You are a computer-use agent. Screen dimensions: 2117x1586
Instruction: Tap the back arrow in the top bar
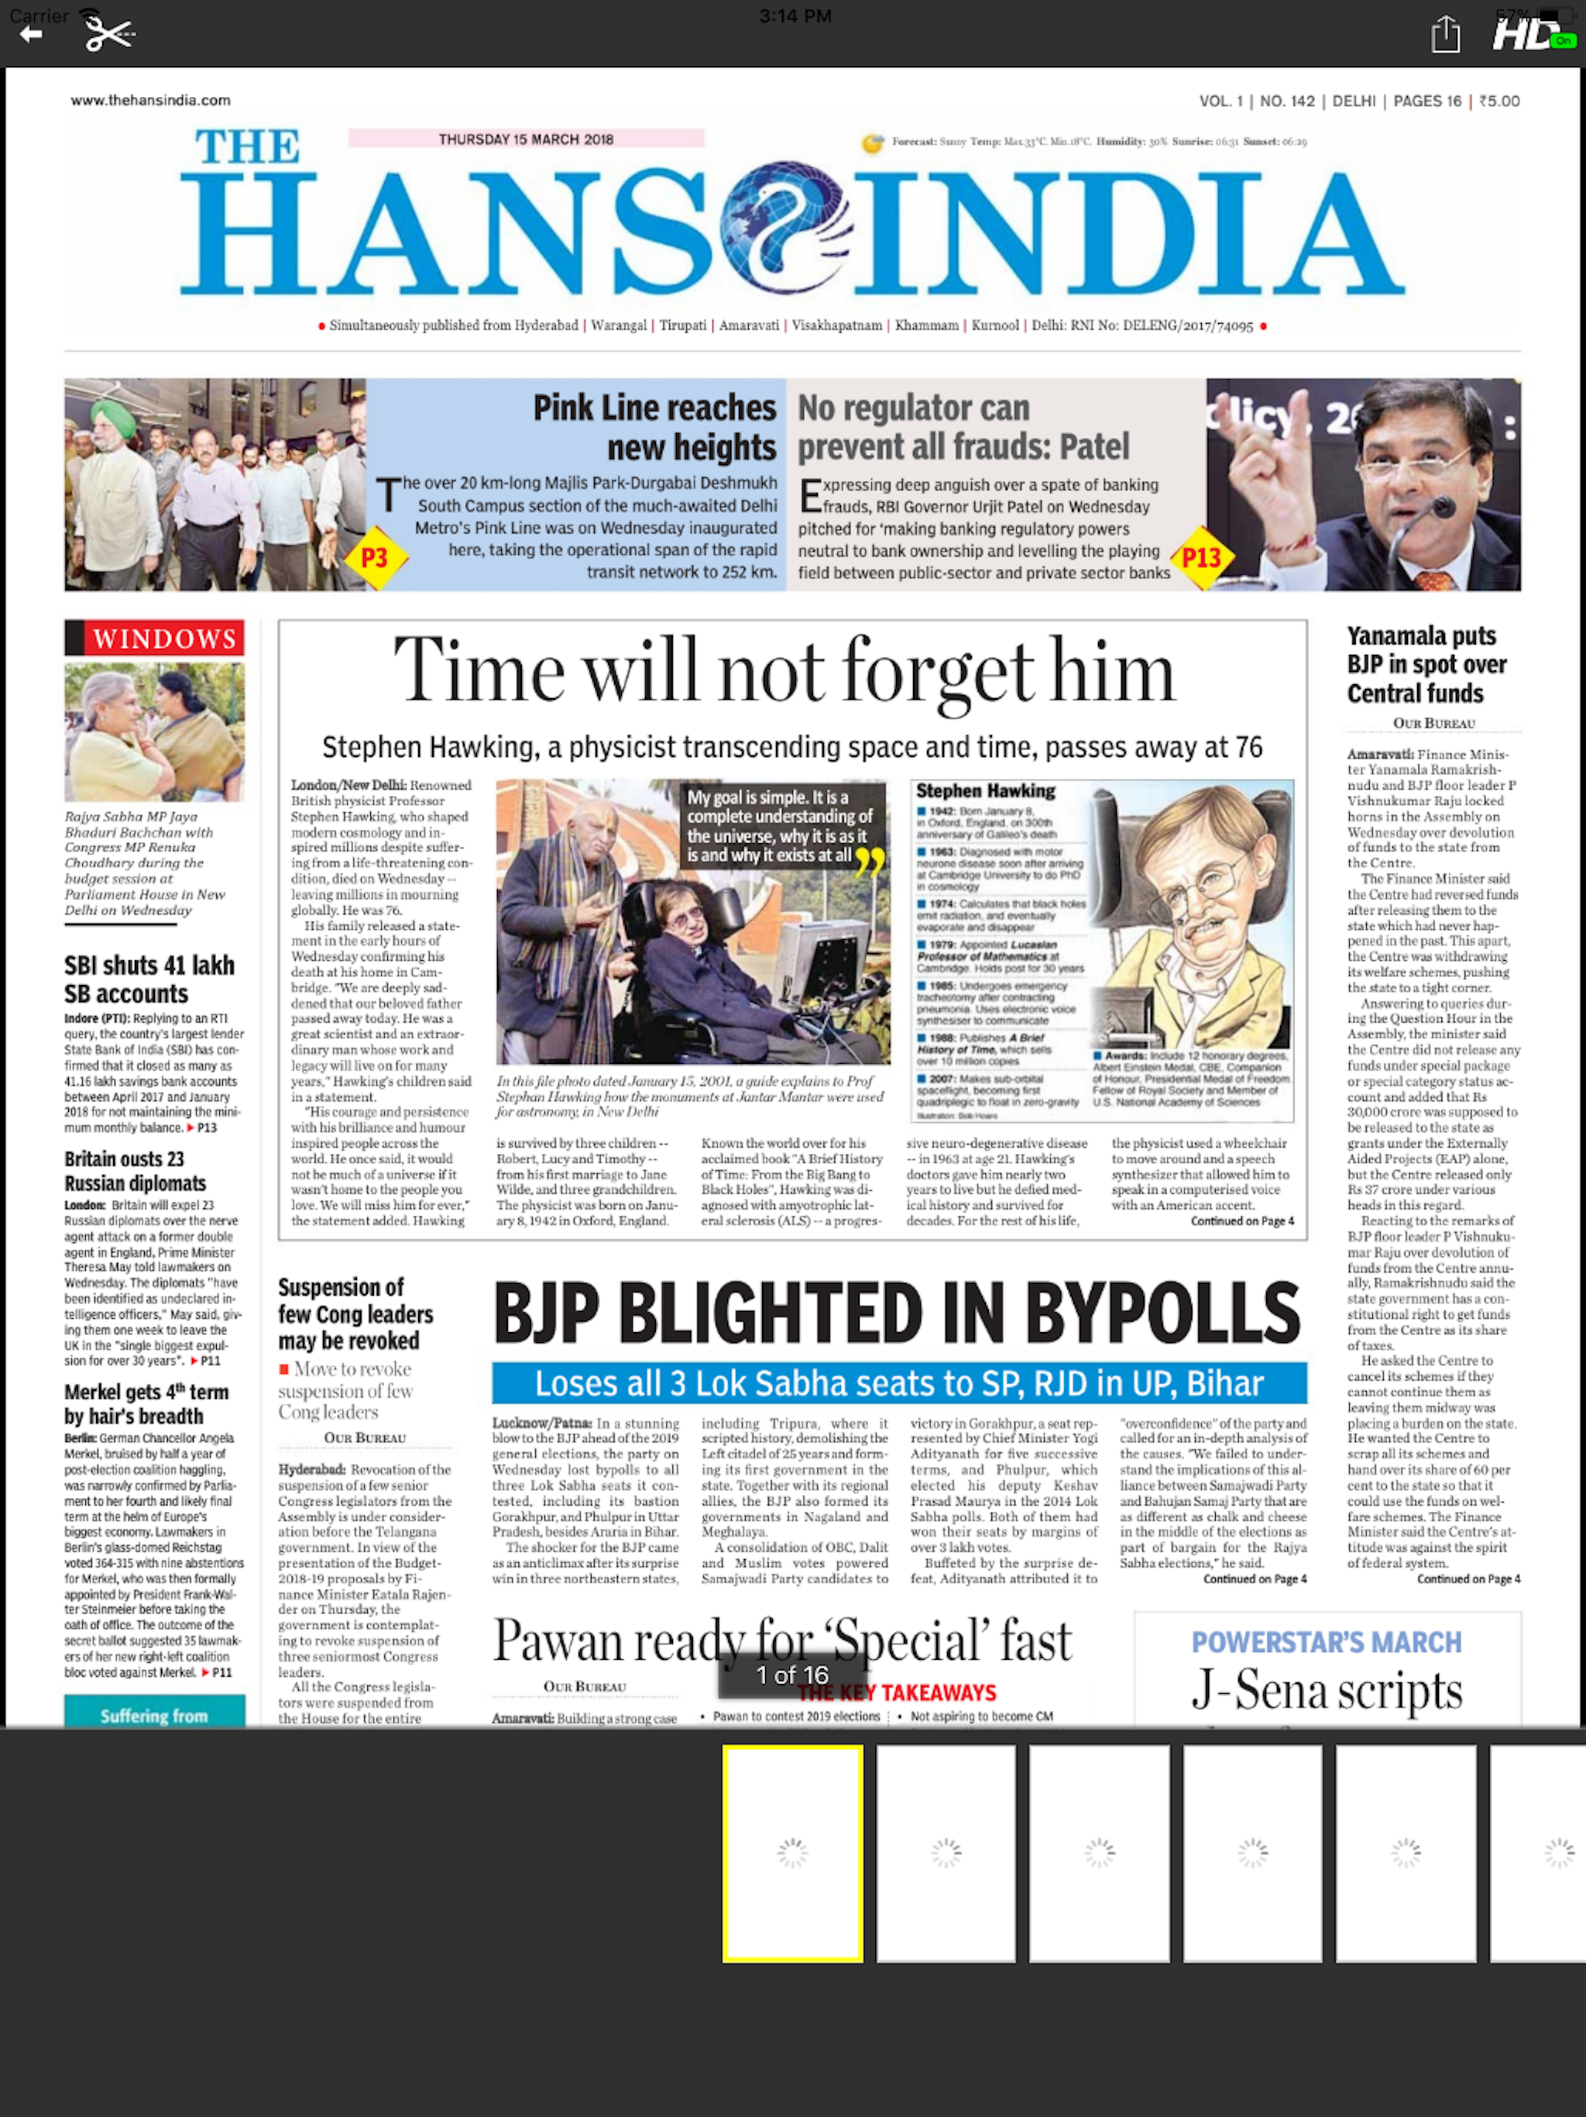(31, 34)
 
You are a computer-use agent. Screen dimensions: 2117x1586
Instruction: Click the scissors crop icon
(108, 34)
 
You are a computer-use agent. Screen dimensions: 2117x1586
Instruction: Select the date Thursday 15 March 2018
(526, 139)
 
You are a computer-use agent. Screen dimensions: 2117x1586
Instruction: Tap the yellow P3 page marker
(375, 557)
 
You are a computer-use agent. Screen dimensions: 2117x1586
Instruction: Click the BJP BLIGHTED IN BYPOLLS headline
(896, 1313)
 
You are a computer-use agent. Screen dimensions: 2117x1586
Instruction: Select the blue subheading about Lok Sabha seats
(898, 1383)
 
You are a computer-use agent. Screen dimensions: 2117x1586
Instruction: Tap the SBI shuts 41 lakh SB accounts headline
(149, 979)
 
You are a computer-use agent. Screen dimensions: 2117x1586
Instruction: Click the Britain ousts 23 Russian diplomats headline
(135, 1171)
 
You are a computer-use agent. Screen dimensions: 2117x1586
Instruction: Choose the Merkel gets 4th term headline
(146, 1403)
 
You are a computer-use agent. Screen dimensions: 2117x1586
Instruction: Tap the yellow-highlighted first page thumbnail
(792, 1853)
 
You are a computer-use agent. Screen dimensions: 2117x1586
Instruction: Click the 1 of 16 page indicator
(792, 1675)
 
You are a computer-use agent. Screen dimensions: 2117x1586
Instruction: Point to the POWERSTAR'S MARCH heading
(1326, 1642)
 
